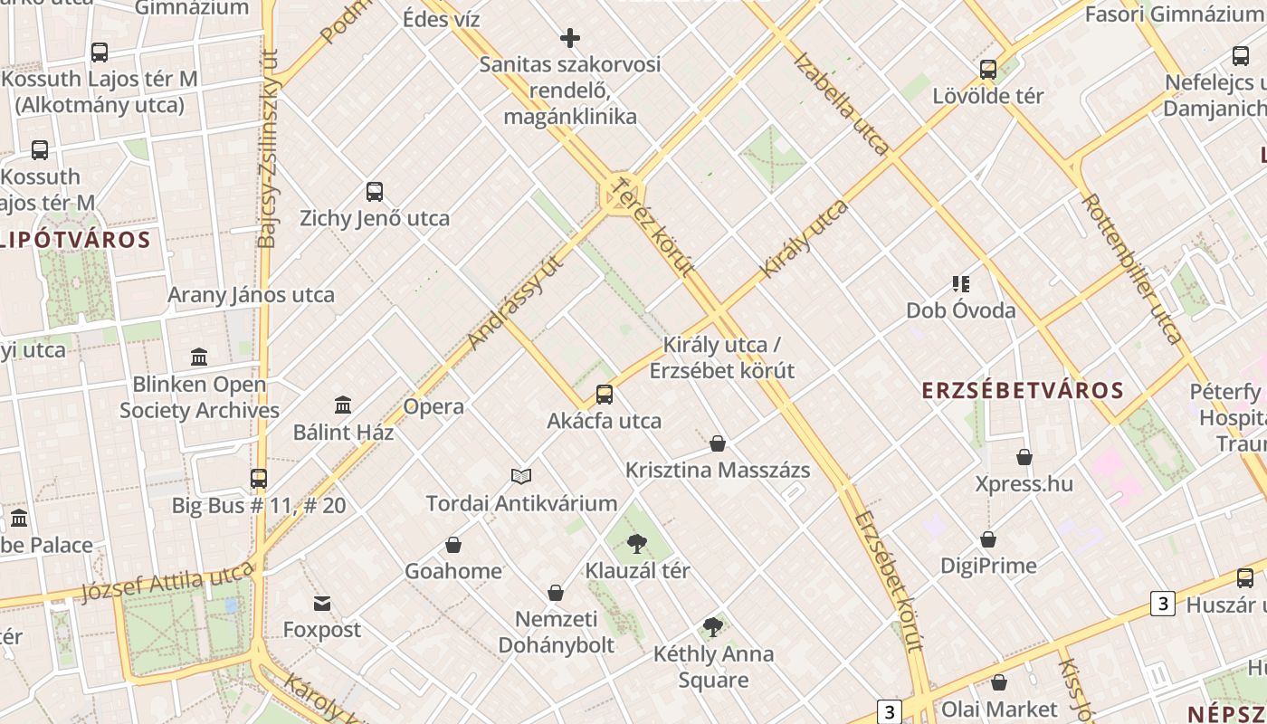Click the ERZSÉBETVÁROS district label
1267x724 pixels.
tap(1022, 391)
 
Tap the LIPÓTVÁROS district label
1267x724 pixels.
tap(75, 240)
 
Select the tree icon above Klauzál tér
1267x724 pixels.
tap(636, 544)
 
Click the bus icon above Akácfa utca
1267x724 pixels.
tap(605, 395)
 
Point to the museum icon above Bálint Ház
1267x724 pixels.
tap(343, 405)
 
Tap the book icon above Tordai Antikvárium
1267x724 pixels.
tap(521, 476)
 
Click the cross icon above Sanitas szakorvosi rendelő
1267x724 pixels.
tap(570, 38)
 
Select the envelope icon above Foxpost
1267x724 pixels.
tap(322, 604)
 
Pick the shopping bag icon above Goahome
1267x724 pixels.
tap(453, 545)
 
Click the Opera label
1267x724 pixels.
tap(433, 406)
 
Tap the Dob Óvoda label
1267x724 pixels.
tap(961, 310)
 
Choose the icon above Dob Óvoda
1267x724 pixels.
tap(961, 284)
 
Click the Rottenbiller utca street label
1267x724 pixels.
tap(1131, 269)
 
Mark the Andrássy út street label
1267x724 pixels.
tap(517, 302)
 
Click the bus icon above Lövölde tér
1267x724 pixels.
tap(988, 70)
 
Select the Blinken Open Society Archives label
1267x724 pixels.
tap(199, 397)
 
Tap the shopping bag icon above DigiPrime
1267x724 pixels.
tap(988, 539)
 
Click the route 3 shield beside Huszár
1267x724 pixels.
tap(1162, 603)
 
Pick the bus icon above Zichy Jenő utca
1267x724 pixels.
tap(375, 192)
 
